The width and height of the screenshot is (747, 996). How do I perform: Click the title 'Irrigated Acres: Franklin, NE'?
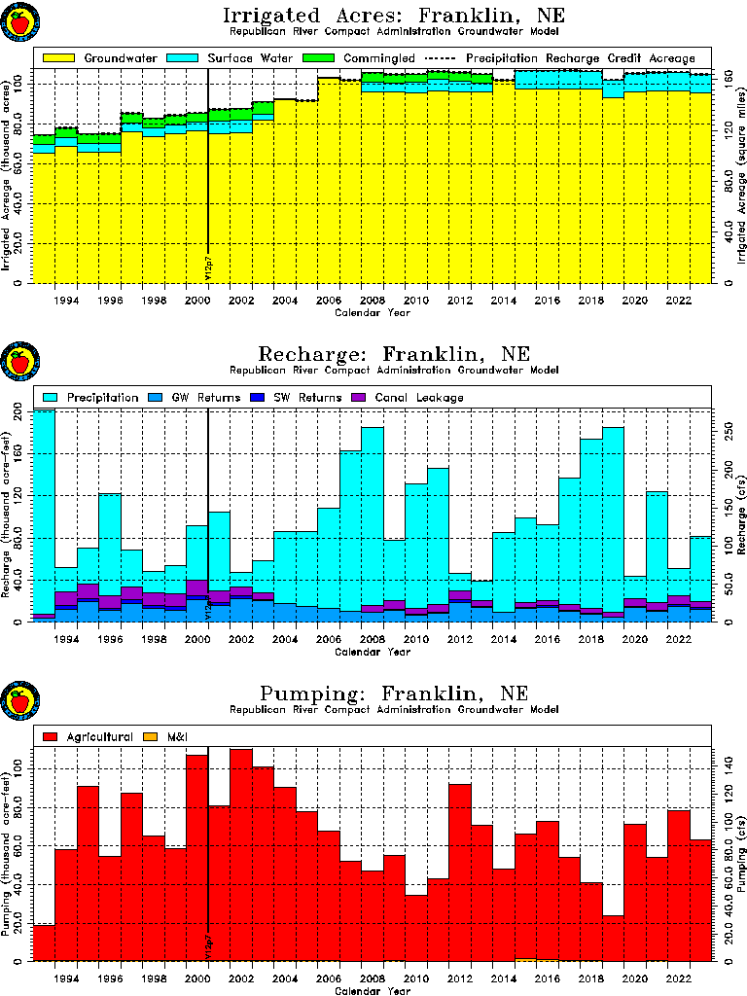tap(394, 17)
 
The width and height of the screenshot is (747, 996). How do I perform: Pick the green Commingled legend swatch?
tap(316, 58)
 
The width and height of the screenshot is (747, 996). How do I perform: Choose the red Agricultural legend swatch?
tap(51, 736)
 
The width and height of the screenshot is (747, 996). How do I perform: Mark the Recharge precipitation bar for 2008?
tap(373, 516)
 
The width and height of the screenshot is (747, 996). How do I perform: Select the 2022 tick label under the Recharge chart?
tap(679, 638)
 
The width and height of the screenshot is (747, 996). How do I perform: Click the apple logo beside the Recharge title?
tap(18, 362)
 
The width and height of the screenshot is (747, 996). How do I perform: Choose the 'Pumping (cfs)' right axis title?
tap(741, 856)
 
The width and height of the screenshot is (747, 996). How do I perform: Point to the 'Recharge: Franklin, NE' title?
tap(394, 354)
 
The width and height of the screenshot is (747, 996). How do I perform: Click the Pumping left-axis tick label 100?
tap(22, 769)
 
